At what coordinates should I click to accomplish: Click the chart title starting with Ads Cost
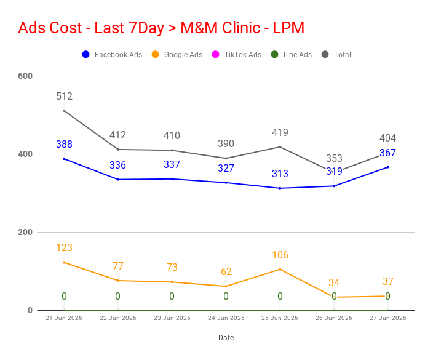click(161, 28)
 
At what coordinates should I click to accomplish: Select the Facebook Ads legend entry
click(112, 54)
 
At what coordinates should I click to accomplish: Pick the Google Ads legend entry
click(177, 54)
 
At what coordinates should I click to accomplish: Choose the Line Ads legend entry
click(292, 54)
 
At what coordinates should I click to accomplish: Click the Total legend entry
click(336, 54)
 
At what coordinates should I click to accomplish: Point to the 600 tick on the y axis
click(25, 76)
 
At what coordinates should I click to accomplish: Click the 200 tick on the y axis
click(25, 233)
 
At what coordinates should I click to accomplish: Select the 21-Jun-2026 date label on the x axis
click(64, 318)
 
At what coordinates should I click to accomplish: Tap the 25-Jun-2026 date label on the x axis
click(280, 318)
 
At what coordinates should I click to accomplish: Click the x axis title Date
click(226, 338)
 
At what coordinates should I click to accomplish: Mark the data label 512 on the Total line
click(65, 96)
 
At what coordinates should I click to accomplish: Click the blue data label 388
click(64, 144)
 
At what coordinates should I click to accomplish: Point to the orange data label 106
click(280, 255)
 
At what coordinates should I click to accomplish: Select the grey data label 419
click(280, 132)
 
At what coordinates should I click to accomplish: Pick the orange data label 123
click(64, 247)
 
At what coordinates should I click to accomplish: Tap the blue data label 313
click(280, 174)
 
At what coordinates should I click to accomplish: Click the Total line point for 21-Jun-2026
click(64, 111)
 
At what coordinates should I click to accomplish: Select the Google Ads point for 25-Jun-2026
click(280, 269)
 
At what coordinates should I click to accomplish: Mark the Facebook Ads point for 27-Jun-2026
click(388, 167)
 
